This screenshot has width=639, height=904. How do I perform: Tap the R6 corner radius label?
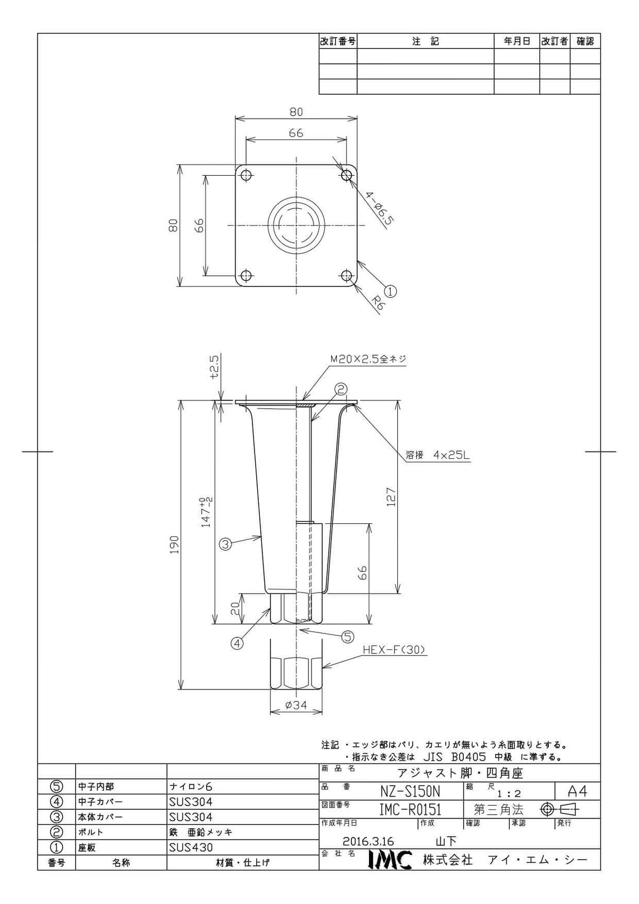pyautogui.click(x=378, y=303)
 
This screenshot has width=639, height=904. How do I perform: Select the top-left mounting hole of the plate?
pyautogui.click(x=246, y=175)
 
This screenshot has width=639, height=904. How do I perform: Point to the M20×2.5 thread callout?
pyautogui.click(x=368, y=359)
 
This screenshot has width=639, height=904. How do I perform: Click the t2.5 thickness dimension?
pyautogui.click(x=215, y=366)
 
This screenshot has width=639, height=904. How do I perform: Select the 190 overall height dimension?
pyautogui.click(x=174, y=545)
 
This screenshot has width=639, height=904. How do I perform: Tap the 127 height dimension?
pyautogui.click(x=390, y=497)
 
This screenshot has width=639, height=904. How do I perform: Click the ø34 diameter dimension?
pyautogui.click(x=296, y=705)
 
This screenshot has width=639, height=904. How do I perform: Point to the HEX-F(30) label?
pyautogui.click(x=395, y=650)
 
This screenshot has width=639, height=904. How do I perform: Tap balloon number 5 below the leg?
pyautogui.click(x=348, y=636)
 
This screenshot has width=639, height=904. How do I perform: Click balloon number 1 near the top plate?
pyautogui.click(x=390, y=291)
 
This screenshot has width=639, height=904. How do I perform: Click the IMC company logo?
pyautogui.click(x=390, y=860)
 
